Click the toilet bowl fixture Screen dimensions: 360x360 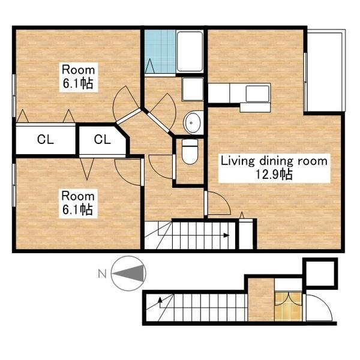(x=190, y=152)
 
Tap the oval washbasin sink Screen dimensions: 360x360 (x=193, y=123)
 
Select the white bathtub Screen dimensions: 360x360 (x=190, y=52)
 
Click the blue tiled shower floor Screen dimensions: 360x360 (x=160, y=52)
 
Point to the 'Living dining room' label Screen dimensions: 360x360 (x=274, y=161)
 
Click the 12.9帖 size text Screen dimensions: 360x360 (x=274, y=175)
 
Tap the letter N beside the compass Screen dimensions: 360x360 (x=102, y=274)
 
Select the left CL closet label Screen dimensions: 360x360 (x=46, y=139)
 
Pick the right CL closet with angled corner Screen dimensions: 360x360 (x=103, y=140)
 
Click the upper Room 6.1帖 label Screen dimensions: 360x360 (x=79, y=77)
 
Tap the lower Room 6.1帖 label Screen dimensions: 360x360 (x=78, y=203)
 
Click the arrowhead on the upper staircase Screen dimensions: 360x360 (x=226, y=235)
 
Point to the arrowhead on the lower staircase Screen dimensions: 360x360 (x=160, y=299)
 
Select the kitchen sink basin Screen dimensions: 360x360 (x=257, y=94)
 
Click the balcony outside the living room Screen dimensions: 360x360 (x=324, y=71)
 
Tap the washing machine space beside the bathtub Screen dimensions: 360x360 (x=193, y=89)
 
